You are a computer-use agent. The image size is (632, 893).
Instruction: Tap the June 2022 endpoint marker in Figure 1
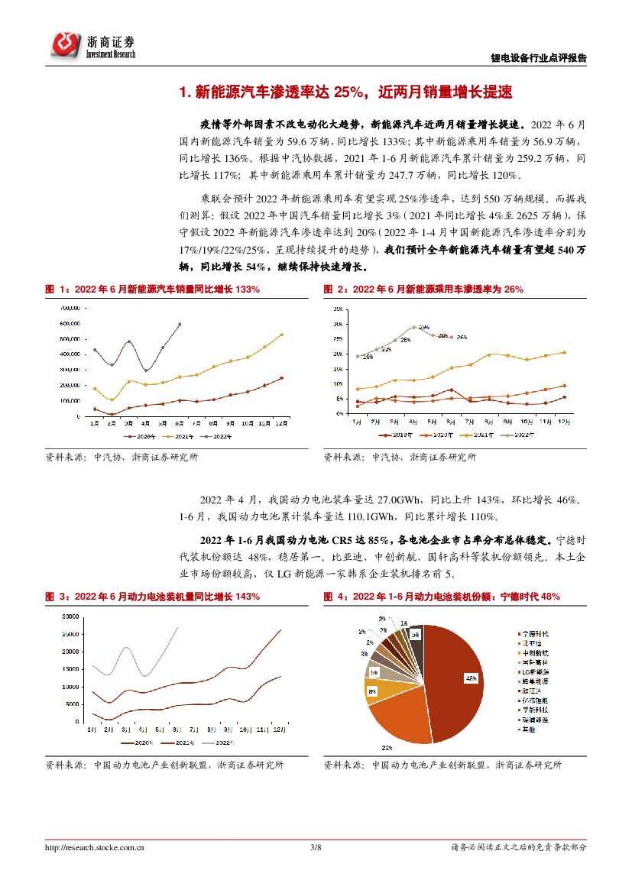point(180,324)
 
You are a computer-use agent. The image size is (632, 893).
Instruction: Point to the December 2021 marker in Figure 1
point(280,335)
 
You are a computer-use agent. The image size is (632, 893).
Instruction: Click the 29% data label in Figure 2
point(423,327)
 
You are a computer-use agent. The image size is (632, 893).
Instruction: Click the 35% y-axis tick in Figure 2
point(337,309)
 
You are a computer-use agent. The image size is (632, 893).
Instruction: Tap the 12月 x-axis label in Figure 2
point(564,422)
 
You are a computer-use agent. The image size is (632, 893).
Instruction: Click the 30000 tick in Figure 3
point(70,616)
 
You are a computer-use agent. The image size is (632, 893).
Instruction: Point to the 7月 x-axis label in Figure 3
point(195,730)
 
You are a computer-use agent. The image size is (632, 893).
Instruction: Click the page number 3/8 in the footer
point(316,847)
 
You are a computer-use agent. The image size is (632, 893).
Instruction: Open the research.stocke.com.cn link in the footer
point(96,847)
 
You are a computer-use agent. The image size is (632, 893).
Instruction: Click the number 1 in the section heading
point(182,93)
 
